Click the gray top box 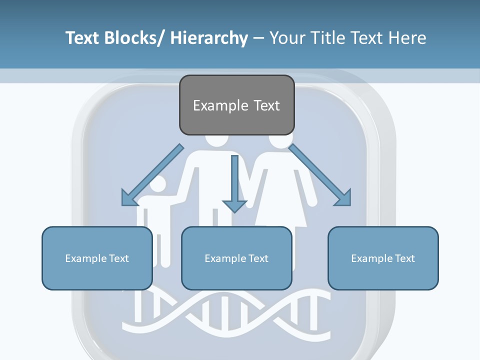tap(236, 105)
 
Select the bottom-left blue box tap(97, 258)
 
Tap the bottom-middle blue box tap(236, 258)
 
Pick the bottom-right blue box tap(383, 258)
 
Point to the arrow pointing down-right tap(320, 175)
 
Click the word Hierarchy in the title tap(209, 38)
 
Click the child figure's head tap(157, 185)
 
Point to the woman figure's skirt tap(280, 210)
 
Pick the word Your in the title tap(287, 38)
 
